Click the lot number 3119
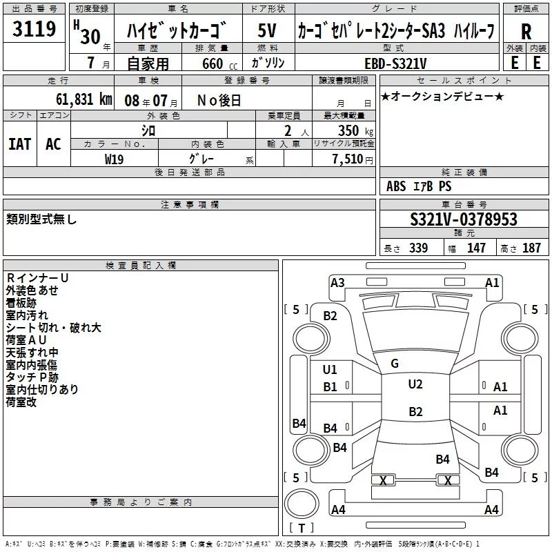click(x=34, y=28)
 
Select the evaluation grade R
click(x=526, y=32)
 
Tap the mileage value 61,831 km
click(x=83, y=99)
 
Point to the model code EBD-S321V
click(x=395, y=63)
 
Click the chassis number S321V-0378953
click(x=464, y=219)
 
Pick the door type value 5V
click(x=267, y=30)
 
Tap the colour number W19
click(x=114, y=159)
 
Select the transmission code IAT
click(x=19, y=144)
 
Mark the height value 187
click(x=531, y=248)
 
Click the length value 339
click(x=418, y=248)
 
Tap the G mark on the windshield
click(x=395, y=364)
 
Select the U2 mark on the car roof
click(x=415, y=384)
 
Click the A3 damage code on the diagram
click(x=337, y=283)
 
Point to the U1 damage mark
click(x=330, y=370)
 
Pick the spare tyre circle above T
click(x=302, y=504)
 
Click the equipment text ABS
click(x=396, y=186)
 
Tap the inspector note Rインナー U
click(x=37, y=278)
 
